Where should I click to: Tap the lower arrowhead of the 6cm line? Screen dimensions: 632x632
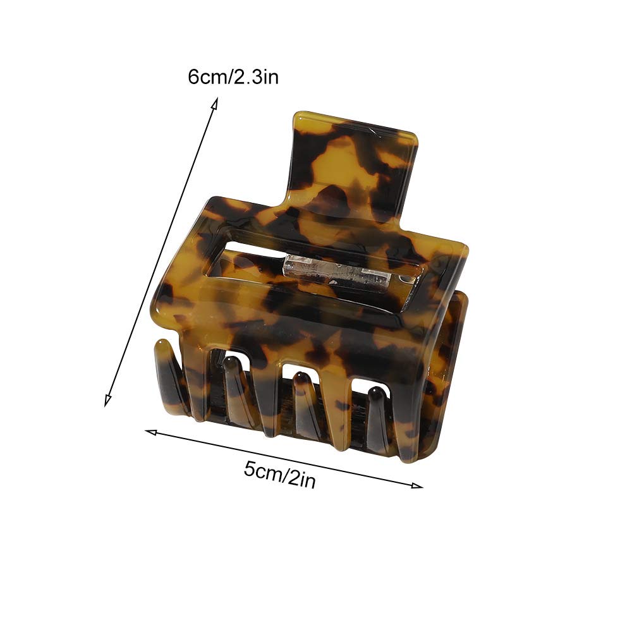pos(107,401)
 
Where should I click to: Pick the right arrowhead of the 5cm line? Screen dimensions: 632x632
pos(418,485)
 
